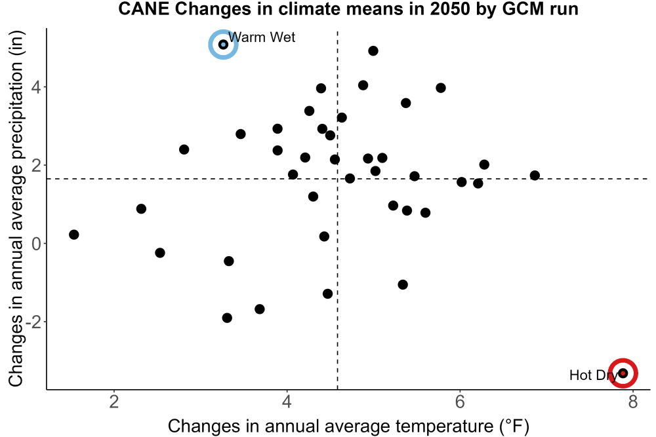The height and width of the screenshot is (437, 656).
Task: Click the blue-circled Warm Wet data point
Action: pyautogui.click(x=224, y=45)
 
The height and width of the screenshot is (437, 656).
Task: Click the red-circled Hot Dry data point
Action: pyautogui.click(x=623, y=373)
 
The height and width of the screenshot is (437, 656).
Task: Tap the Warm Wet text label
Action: pyautogui.click(x=262, y=37)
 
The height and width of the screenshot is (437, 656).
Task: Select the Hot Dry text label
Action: pyautogui.click(x=593, y=375)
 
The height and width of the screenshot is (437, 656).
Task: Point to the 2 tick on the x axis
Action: pyautogui.click(x=113, y=402)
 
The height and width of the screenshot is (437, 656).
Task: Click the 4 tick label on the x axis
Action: pyautogui.click(x=287, y=402)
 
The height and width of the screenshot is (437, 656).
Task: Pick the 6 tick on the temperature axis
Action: pyautogui.click(x=460, y=402)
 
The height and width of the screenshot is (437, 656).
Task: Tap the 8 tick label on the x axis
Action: pyautogui.click(x=632, y=402)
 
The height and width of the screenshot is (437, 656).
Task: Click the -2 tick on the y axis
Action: pyautogui.click(x=33, y=322)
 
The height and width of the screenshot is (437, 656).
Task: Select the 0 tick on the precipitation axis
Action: pyautogui.click(x=36, y=244)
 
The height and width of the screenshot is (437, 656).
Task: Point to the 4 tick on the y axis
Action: pyautogui.click(x=36, y=87)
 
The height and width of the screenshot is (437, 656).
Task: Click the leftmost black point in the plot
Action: pyautogui.click(x=73, y=235)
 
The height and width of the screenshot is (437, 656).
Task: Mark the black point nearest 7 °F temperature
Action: pyautogui.click(x=535, y=175)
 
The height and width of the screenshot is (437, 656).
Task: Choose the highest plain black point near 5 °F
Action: pyautogui.click(x=373, y=50)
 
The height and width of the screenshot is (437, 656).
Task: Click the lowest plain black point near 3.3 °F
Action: pyautogui.click(x=227, y=318)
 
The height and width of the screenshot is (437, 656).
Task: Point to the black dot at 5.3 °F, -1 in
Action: pyautogui.click(x=403, y=284)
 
